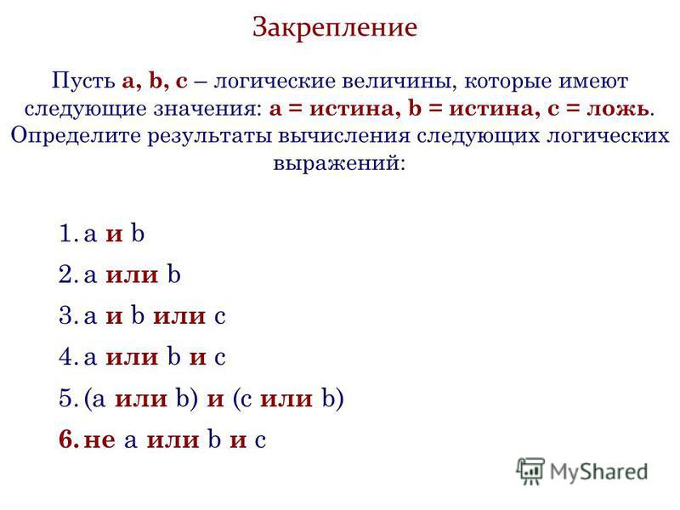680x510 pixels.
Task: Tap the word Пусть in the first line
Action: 83,81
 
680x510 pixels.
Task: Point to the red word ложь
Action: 618,109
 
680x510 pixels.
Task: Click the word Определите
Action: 76,137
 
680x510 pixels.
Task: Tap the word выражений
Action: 339,164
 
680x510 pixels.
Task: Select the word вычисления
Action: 344,136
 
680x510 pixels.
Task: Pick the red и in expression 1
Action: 115,235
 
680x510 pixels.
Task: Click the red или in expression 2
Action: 133,275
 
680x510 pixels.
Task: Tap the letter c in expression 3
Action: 220,316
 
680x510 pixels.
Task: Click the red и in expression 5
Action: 216,399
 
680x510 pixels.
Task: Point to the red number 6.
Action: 69,439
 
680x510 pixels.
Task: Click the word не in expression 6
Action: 99,440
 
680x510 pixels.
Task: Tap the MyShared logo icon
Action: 530,471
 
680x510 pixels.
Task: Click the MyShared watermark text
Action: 598,472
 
